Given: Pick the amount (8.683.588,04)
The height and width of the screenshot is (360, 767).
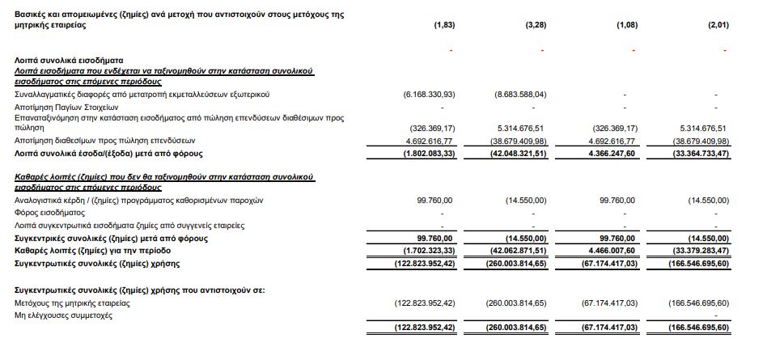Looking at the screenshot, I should (520, 94).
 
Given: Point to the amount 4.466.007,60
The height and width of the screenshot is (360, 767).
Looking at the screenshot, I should (612, 252).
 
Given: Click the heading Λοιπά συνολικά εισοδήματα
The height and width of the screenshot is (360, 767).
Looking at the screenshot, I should (68, 60).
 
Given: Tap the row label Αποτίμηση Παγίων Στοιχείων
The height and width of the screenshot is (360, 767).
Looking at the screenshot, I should (67, 106).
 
